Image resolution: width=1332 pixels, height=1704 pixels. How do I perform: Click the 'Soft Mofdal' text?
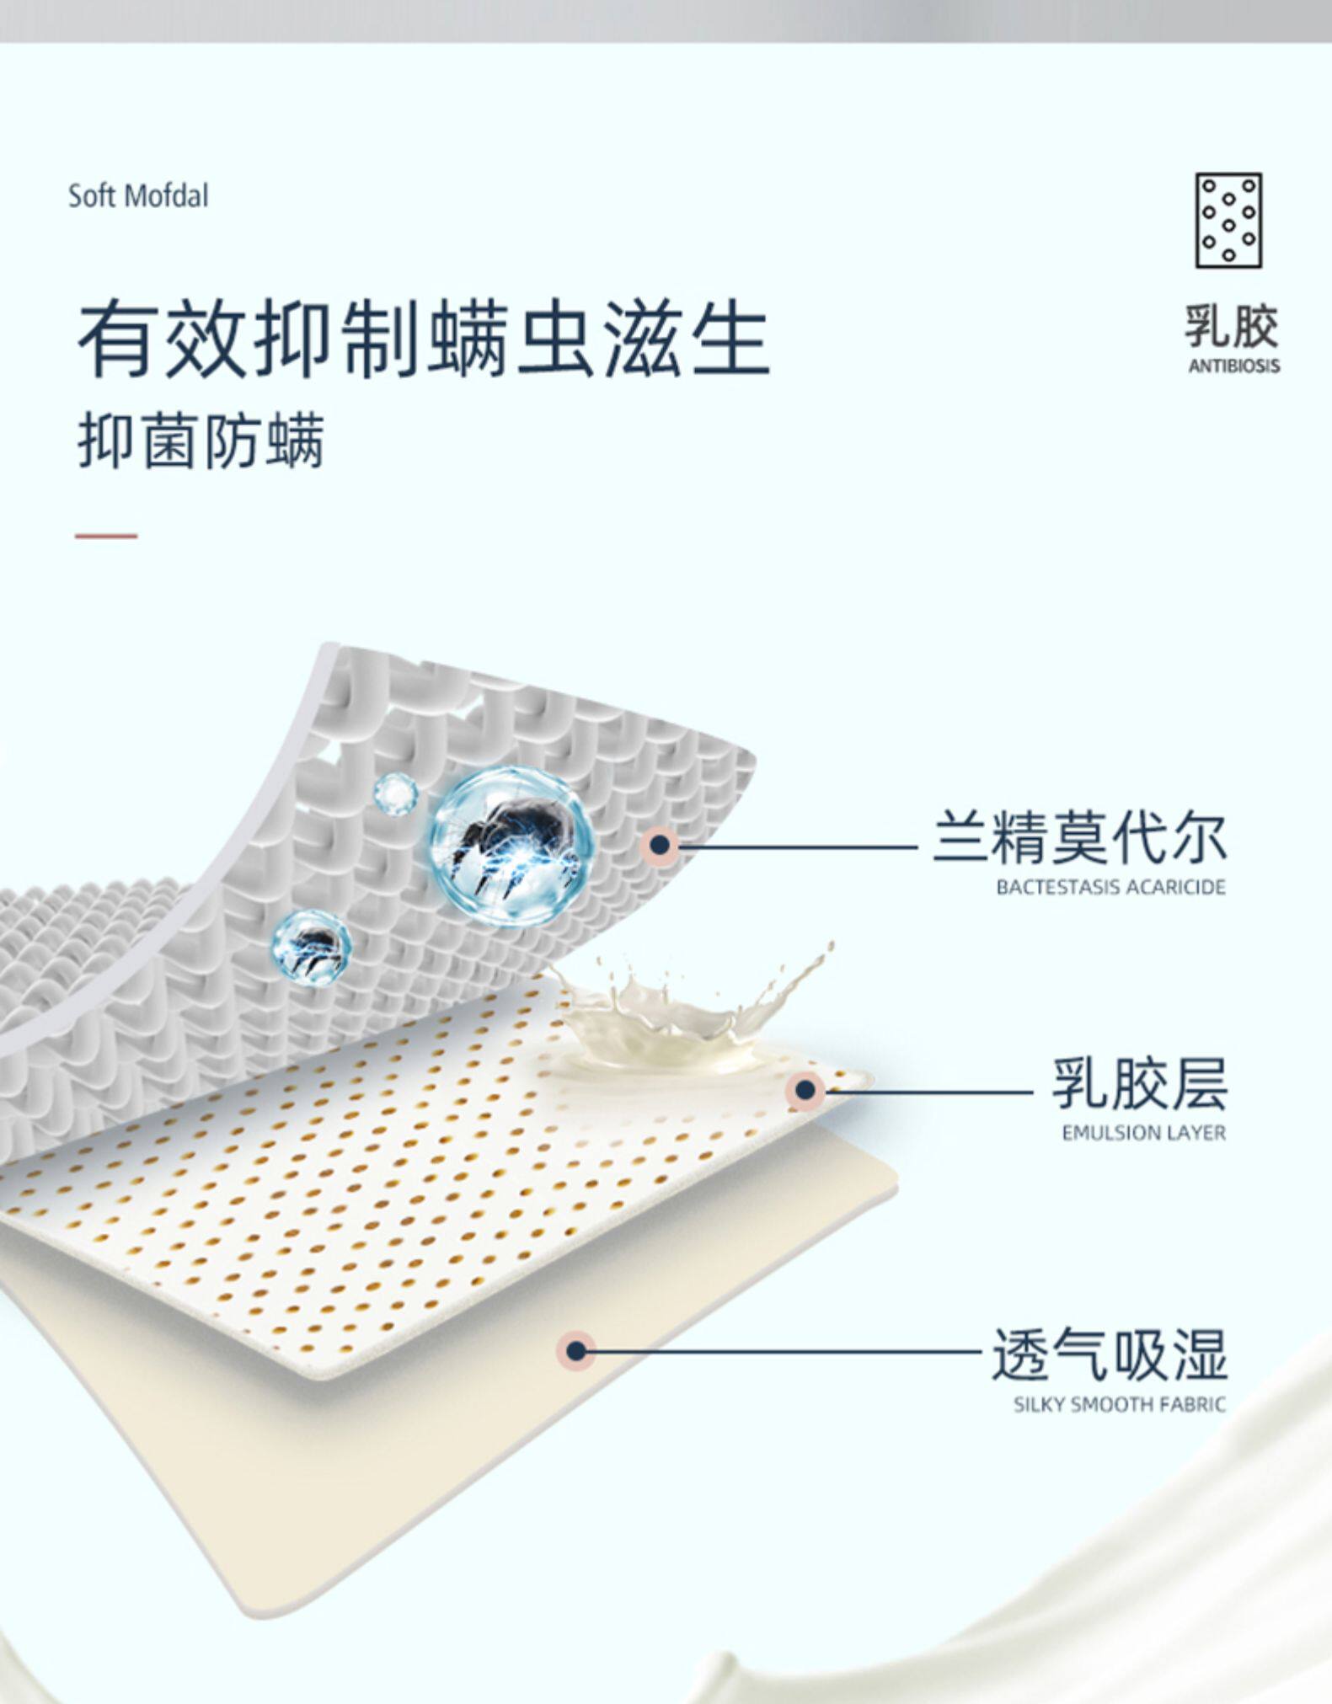coord(138,196)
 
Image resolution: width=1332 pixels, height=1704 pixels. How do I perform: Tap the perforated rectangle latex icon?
coord(1228,221)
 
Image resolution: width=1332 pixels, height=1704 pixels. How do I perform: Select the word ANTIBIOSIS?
coord(1233,366)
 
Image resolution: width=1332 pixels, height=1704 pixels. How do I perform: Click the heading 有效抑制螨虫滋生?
coord(423,341)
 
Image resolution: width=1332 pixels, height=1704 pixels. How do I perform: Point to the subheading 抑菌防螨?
coord(201,441)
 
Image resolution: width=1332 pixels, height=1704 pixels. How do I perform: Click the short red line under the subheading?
coord(106,536)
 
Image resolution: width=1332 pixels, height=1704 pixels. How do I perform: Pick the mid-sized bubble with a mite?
coord(311,946)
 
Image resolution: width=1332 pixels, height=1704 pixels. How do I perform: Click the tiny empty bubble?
coord(395,793)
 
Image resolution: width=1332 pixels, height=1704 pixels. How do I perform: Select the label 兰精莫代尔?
coord(1079,837)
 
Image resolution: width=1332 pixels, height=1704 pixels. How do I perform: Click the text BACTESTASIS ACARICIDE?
coord(1110,887)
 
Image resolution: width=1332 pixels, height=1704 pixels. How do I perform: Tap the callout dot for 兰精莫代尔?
coord(661,844)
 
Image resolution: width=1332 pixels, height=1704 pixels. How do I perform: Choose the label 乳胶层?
coord(1139,1084)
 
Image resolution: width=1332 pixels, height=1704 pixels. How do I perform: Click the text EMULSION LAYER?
coord(1143,1133)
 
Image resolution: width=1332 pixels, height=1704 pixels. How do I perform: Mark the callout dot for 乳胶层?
coord(805,1090)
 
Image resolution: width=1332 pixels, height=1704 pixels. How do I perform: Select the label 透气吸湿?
coord(1109,1354)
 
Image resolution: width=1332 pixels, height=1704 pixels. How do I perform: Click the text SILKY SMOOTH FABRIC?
coord(1119,1404)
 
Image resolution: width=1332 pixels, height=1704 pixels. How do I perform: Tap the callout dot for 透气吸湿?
coord(576,1351)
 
